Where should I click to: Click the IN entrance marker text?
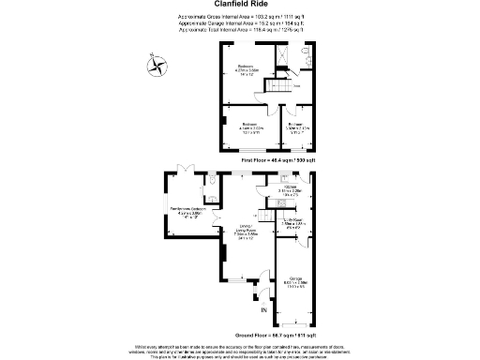tap(263, 310)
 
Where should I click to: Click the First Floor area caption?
tap(278, 161)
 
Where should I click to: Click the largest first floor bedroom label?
tap(247, 69)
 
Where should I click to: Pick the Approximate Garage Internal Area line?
tap(239, 23)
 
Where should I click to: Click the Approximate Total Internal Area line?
tap(239, 30)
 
